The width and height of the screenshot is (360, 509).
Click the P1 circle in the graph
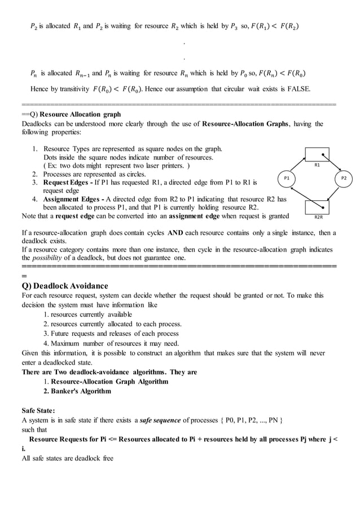286,178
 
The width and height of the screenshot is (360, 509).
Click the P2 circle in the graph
344,178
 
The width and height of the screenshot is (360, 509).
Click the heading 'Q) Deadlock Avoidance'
64,286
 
